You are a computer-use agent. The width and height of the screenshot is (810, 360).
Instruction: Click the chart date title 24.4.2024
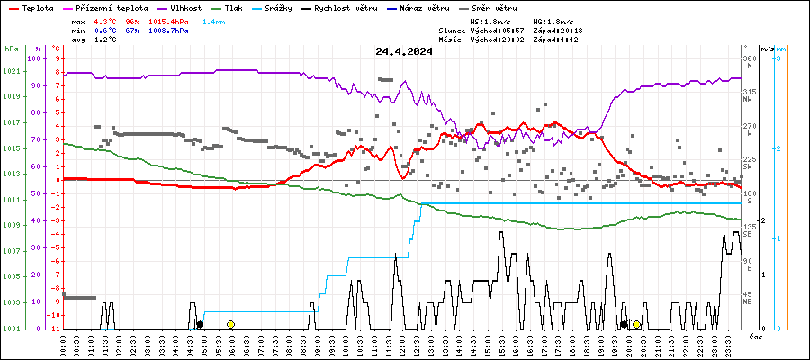click(x=404, y=51)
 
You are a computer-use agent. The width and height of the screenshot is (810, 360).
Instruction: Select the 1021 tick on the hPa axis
click(x=12, y=72)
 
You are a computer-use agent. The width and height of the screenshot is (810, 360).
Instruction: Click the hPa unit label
click(x=11, y=49)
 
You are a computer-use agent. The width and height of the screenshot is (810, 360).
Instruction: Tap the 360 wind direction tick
click(x=749, y=58)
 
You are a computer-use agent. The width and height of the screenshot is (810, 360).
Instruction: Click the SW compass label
click(x=748, y=167)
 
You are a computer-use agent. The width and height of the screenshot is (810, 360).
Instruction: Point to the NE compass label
click(x=748, y=302)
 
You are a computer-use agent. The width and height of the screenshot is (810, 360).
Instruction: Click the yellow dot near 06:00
click(x=230, y=324)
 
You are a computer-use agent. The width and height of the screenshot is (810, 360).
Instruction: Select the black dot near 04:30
click(x=200, y=324)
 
